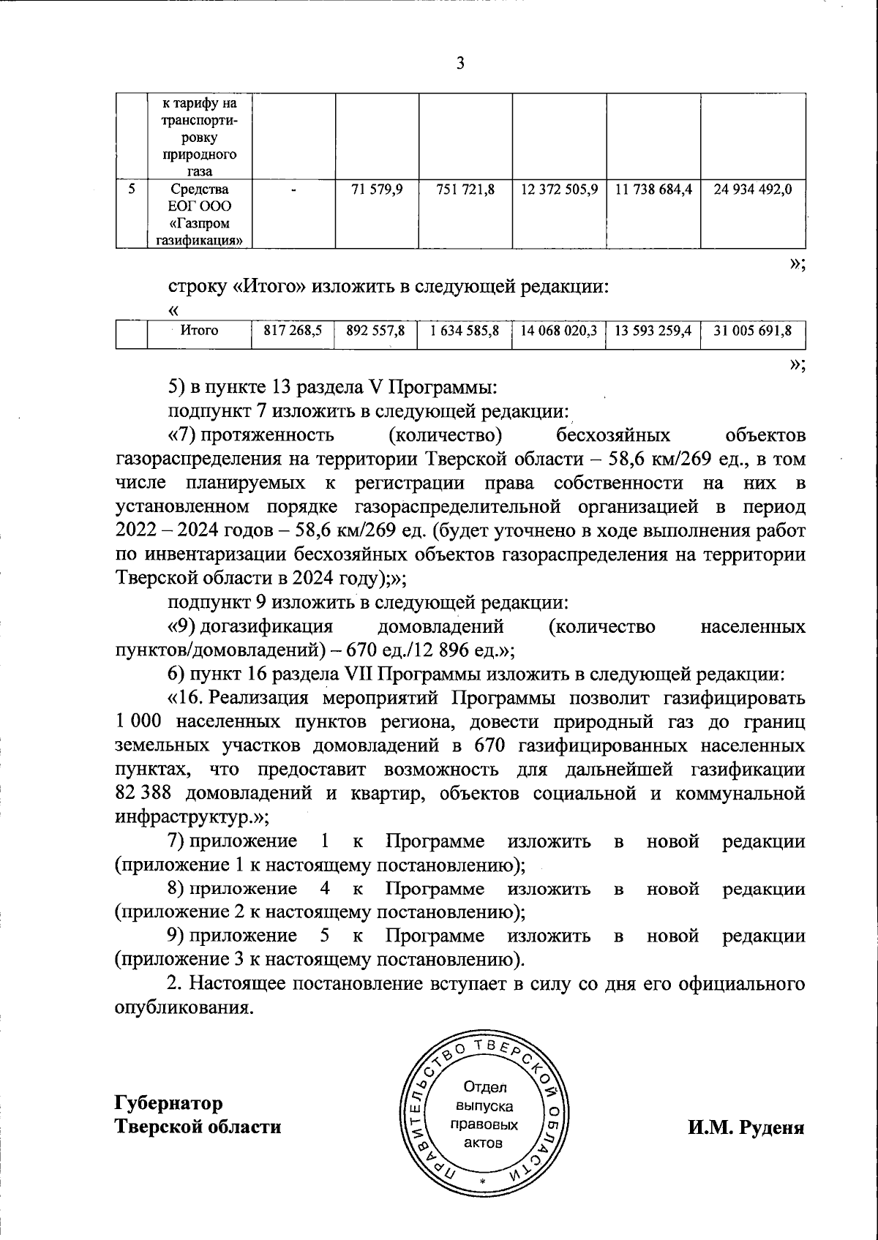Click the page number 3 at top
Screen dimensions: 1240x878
(x=460, y=64)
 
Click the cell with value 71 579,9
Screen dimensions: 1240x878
(x=377, y=189)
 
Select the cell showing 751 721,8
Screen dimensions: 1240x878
(x=465, y=189)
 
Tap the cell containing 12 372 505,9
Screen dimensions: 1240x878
(x=560, y=189)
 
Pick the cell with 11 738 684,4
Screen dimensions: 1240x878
(x=653, y=189)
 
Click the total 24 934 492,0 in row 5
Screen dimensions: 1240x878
(x=753, y=189)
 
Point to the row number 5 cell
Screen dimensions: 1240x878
(x=132, y=189)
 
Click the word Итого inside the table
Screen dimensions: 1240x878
(x=199, y=331)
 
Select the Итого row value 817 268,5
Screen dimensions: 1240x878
(x=293, y=331)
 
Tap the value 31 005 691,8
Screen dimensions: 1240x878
(x=753, y=331)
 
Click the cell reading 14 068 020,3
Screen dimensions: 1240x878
(x=560, y=331)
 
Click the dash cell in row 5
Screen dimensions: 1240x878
(x=293, y=190)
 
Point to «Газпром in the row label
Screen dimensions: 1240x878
(x=200, y=223)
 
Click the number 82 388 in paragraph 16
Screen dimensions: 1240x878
(x=145, y=794)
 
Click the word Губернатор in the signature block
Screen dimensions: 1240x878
(x=169, y=1102)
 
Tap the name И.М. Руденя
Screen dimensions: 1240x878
(x=746, y=1127)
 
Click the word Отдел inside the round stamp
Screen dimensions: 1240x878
(x=480, y=1087)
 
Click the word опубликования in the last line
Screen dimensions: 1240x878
(x=184, y=1007)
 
